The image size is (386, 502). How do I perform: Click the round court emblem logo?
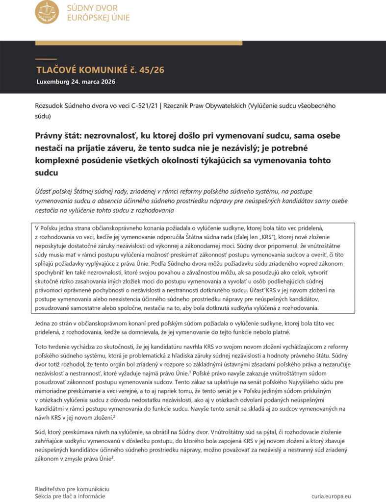pyautogui.click(x=47, y=12)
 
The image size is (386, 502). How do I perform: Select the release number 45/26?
pyautogui.click(x=152, y=70)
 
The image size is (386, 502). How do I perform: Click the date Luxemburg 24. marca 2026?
pyautogui.click(x=76, y=82)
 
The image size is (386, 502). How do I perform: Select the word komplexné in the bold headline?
pyautogui.click(x=58, y=160)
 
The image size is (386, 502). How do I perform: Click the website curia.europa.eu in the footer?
pyautogui.click(x=331, y=496)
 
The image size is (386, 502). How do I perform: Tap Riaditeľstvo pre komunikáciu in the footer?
pyautogui.click(x=72, y=489)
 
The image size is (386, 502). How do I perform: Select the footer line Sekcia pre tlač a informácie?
pyautogui.click(x=70, y=496)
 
